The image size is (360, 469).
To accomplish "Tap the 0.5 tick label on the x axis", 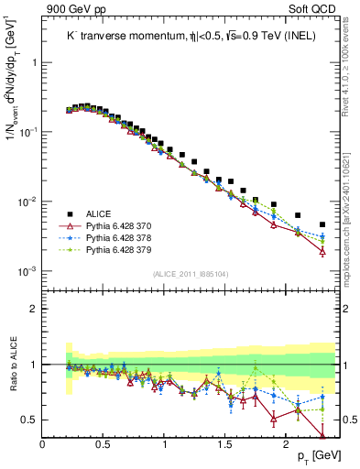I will pyautogui.click(x=104, y=444).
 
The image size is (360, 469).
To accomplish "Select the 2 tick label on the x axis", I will pyautogui.click(x=286, y=444).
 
